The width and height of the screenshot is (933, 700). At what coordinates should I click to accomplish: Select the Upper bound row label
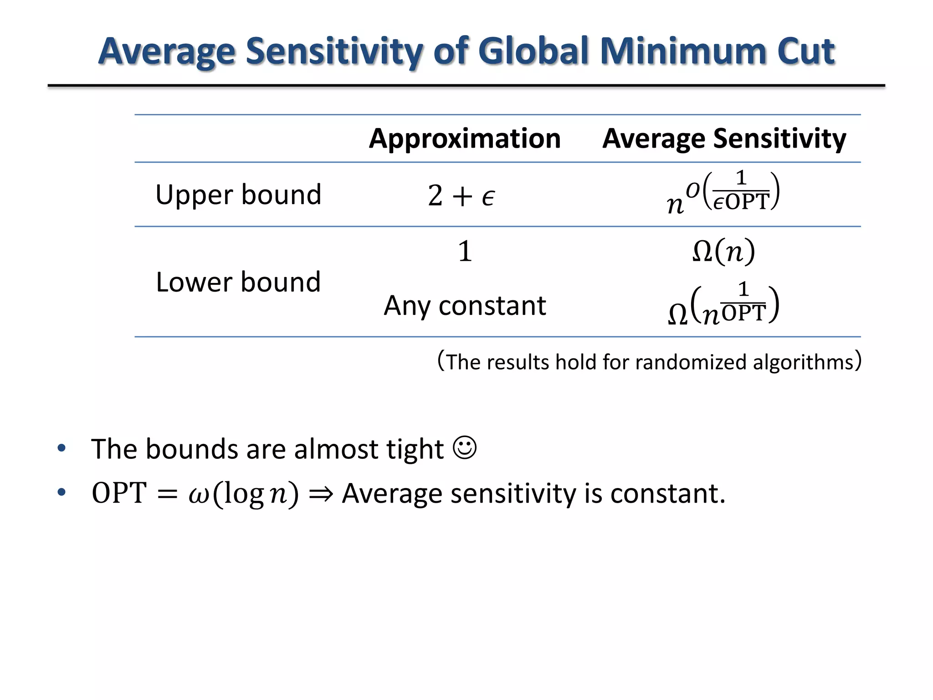click(238, 195)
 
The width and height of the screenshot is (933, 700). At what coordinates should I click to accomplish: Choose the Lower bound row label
click(238, 282)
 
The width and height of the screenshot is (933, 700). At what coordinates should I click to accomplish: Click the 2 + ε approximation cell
click(461, 196)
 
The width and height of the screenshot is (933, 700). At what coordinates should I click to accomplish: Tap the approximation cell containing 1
click(465, 251)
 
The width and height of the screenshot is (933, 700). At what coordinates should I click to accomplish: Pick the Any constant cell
click(465, 305)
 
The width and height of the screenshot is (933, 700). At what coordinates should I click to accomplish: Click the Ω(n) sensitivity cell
click(723, 251)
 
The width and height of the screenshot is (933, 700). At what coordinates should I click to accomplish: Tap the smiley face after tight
click(465, 448)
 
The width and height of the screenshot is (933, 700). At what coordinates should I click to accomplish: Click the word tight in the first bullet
click(415, 449)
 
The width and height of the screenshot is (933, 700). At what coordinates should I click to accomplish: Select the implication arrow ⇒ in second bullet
click(321, 494)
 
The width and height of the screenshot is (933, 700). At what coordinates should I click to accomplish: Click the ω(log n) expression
click(243, 494)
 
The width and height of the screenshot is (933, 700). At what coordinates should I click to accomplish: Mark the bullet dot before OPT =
click(62, 492)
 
